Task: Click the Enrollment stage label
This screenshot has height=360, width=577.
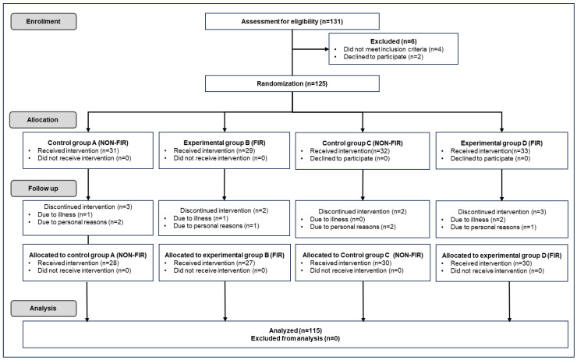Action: (44, 21)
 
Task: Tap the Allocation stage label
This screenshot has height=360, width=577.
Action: (43, 120)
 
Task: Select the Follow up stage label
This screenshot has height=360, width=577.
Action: (44, 189)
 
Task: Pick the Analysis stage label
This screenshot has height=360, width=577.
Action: (44, 308)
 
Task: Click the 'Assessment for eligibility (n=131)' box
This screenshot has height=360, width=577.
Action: (292, 21)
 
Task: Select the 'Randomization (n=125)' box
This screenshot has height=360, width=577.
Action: (292, 83)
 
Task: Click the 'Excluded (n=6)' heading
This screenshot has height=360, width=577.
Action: (394, 41)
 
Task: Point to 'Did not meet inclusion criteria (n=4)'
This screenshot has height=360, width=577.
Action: (394, 49)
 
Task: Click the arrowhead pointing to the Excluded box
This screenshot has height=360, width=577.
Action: (326, 49)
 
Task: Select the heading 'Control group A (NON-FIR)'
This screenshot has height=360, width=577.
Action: (88, 143)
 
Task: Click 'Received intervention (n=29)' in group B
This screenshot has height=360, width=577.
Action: (214, 150)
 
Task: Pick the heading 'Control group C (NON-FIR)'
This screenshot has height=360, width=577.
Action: (363, 143)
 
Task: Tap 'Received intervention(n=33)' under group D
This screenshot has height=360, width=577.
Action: (490, 151)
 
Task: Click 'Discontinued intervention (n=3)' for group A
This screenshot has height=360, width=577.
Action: (88, 207)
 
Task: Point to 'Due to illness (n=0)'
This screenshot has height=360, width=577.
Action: (338, 220)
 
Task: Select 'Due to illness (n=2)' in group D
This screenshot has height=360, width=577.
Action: (478, 220)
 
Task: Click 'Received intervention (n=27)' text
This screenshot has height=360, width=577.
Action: (214, 263)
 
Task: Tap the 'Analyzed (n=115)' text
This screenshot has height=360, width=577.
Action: (296, 330)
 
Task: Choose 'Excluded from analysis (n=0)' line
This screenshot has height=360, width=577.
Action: (296, 338)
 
